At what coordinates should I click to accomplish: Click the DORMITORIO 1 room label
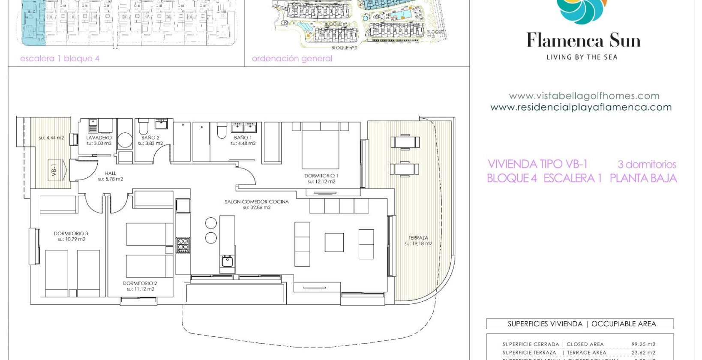[x=321, y=176]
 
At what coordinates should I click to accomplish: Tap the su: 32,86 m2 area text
[x=256, y=207]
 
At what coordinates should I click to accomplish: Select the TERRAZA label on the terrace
[x=418, y=237]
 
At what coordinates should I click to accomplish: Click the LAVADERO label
[x=99, y=138]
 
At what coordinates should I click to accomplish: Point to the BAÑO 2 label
[x=150, y=138]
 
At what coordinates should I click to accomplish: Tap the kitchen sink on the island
[x=227, y=261]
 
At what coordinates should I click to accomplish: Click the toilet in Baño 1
[x=222, y=130]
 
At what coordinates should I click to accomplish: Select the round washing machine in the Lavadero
[x=125, y=140]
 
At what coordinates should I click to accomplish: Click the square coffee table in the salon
[x=334, y=242]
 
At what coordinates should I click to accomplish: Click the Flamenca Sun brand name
[x=583, y=41]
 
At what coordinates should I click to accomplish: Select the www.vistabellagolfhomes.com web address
[x=584, y=96]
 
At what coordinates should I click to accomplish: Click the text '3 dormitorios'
[x=647, y=164]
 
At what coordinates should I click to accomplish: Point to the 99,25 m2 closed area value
[x=643, y=344]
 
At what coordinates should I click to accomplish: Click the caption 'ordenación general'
[x=292, y=59]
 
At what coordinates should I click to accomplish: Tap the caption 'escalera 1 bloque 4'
[x=60, y=59]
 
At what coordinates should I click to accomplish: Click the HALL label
[x=110, y=173]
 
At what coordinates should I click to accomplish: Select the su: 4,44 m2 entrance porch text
[x=51, y=138]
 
